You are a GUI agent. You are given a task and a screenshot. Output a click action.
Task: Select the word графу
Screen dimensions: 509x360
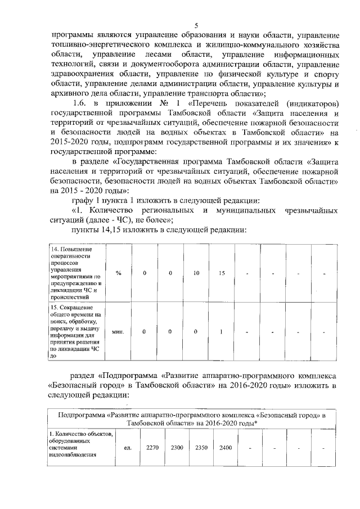[x=82, y=200]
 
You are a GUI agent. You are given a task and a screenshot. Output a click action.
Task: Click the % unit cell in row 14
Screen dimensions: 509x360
[x=118, y=273]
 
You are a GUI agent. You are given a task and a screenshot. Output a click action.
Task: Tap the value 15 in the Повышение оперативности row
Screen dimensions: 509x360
[x=222, y=273]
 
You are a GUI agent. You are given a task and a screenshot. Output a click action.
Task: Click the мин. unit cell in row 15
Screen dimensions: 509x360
[x=118, y=331]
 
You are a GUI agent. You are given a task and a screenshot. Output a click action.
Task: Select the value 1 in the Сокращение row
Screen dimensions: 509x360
[x=222, y=331]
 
